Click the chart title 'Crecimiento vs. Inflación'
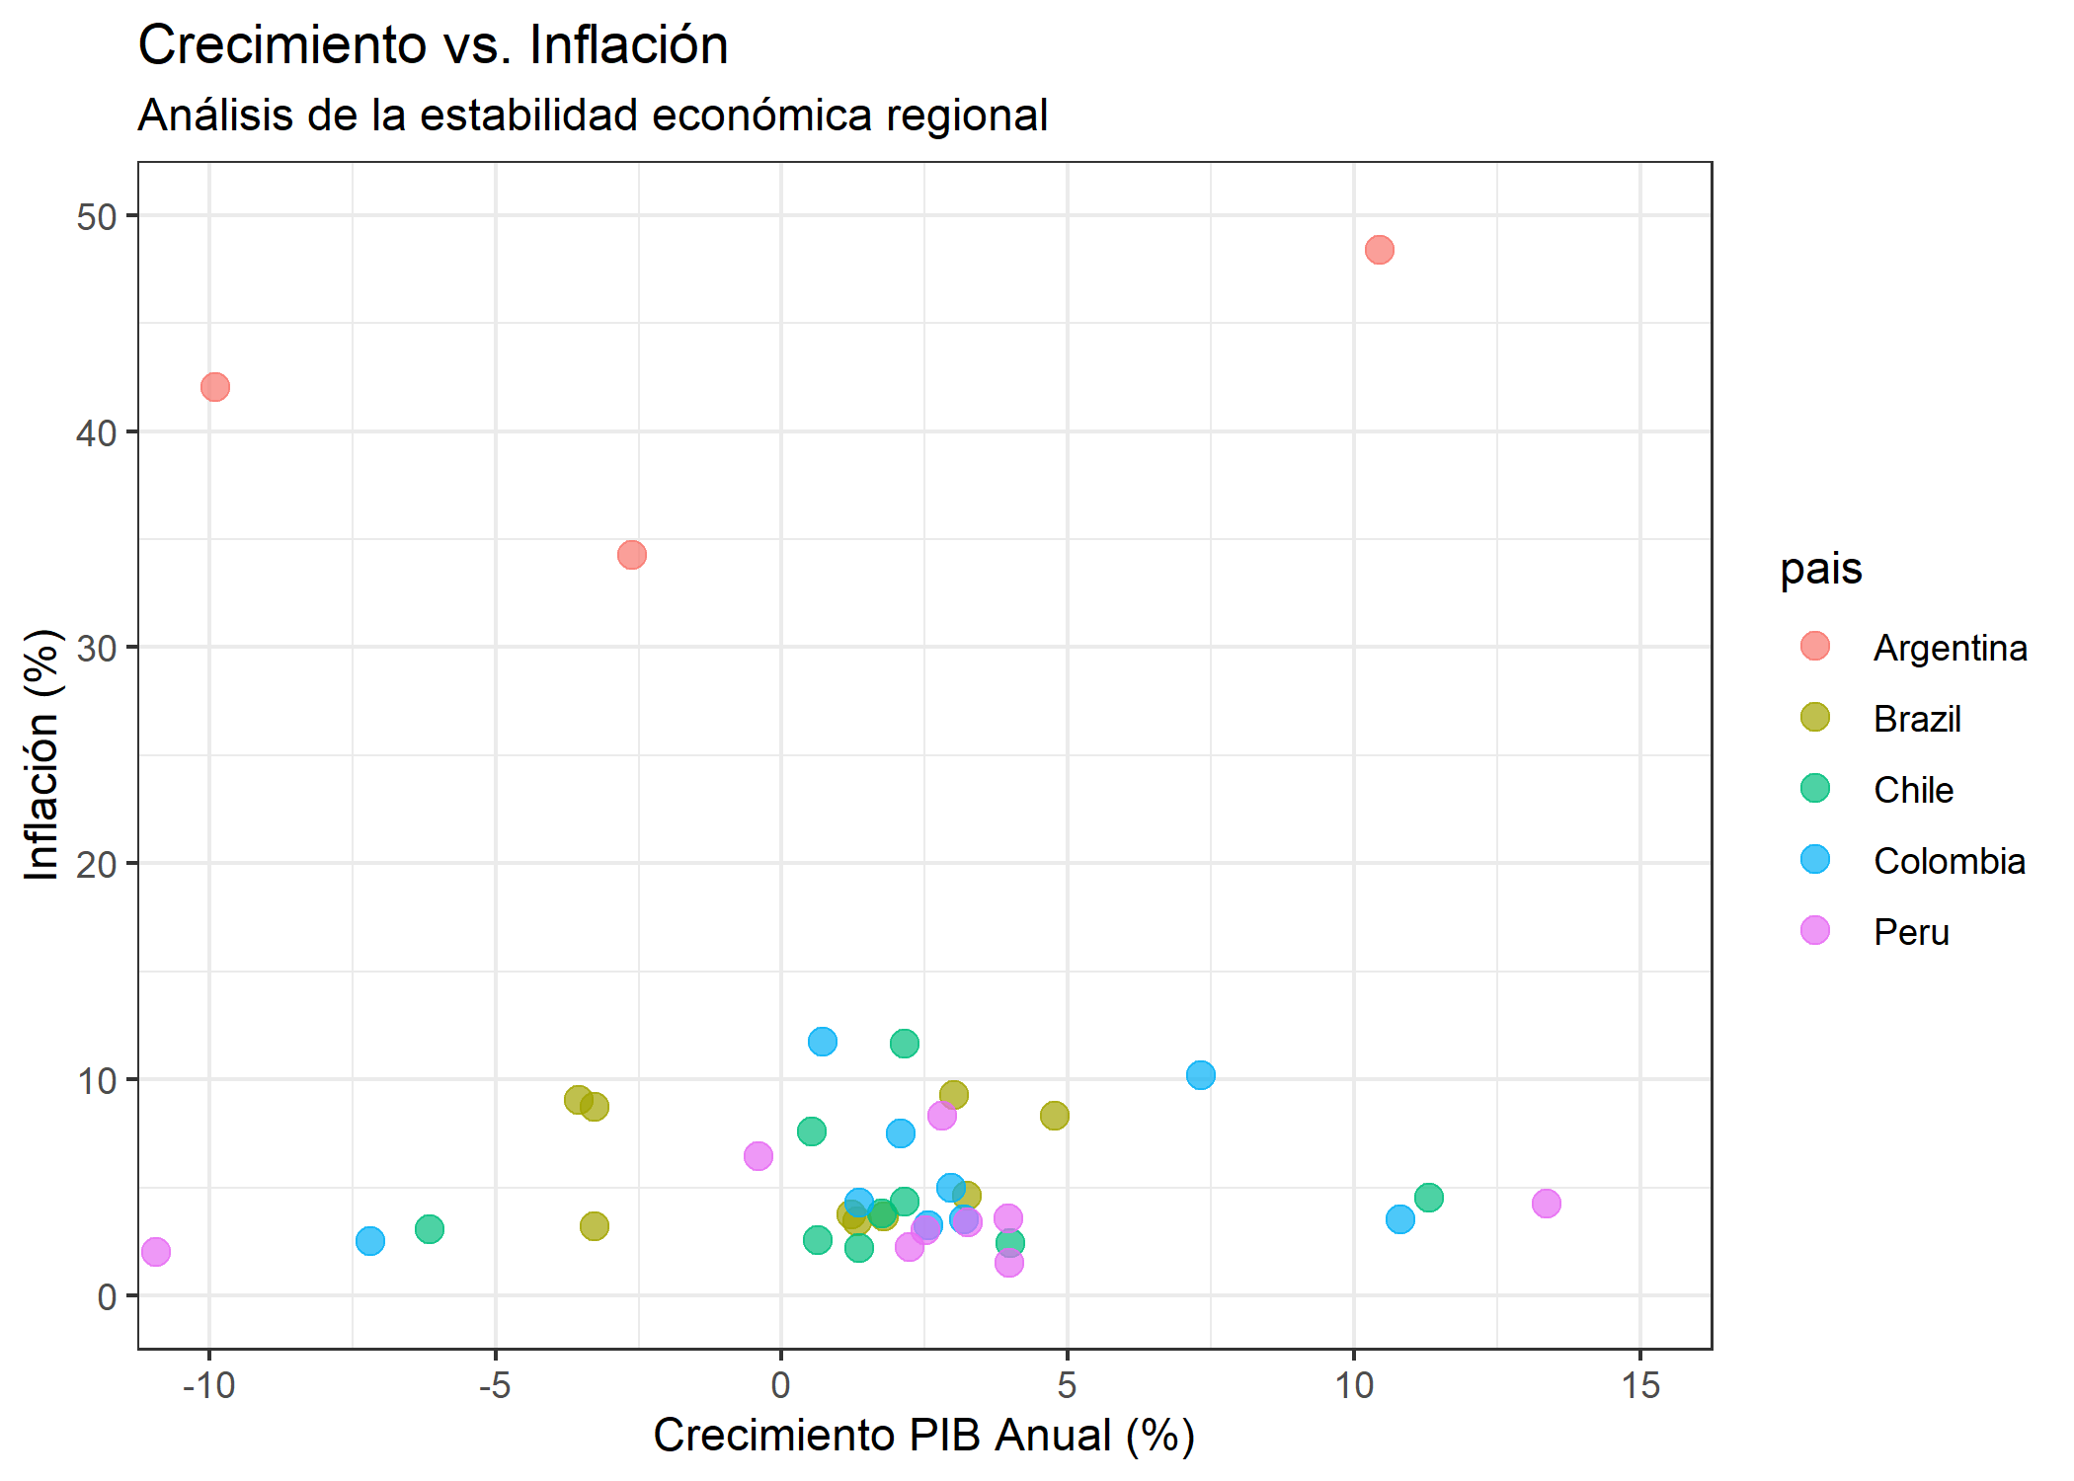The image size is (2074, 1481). click(x=433, y=45)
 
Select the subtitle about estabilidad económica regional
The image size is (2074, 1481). click(x=593, y=116)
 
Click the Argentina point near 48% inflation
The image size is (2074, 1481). click(x=1379, y=250)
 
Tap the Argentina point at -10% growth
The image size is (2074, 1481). click(x=215, y=387)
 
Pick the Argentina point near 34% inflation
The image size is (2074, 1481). click(x=632, y=555)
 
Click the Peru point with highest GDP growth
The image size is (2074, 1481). click(x=1546, y=1204)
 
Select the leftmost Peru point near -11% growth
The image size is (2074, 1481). click(x=156, y=1252)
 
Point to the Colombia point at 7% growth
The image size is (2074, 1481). click(x=1200, y=1075)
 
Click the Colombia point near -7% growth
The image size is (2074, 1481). click(x=370, y=1241)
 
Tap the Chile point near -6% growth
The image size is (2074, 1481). click(x=430, y=1229)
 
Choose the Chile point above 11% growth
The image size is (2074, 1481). click(x=1428, y=1198)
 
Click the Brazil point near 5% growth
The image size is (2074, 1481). click(x=1054, y=1116)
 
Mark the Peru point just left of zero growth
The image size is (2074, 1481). click(x=758, y=1156)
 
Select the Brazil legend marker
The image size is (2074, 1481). click(x=1815, y=718)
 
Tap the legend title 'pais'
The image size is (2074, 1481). click(x=1820, y=569)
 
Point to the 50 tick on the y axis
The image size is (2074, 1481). click(x=96, y=217)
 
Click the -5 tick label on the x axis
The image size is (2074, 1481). click(x=494, y=1386)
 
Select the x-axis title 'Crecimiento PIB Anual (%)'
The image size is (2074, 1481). click(x=923, y=1436)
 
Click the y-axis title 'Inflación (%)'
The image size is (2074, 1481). click(x=42, y=754)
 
